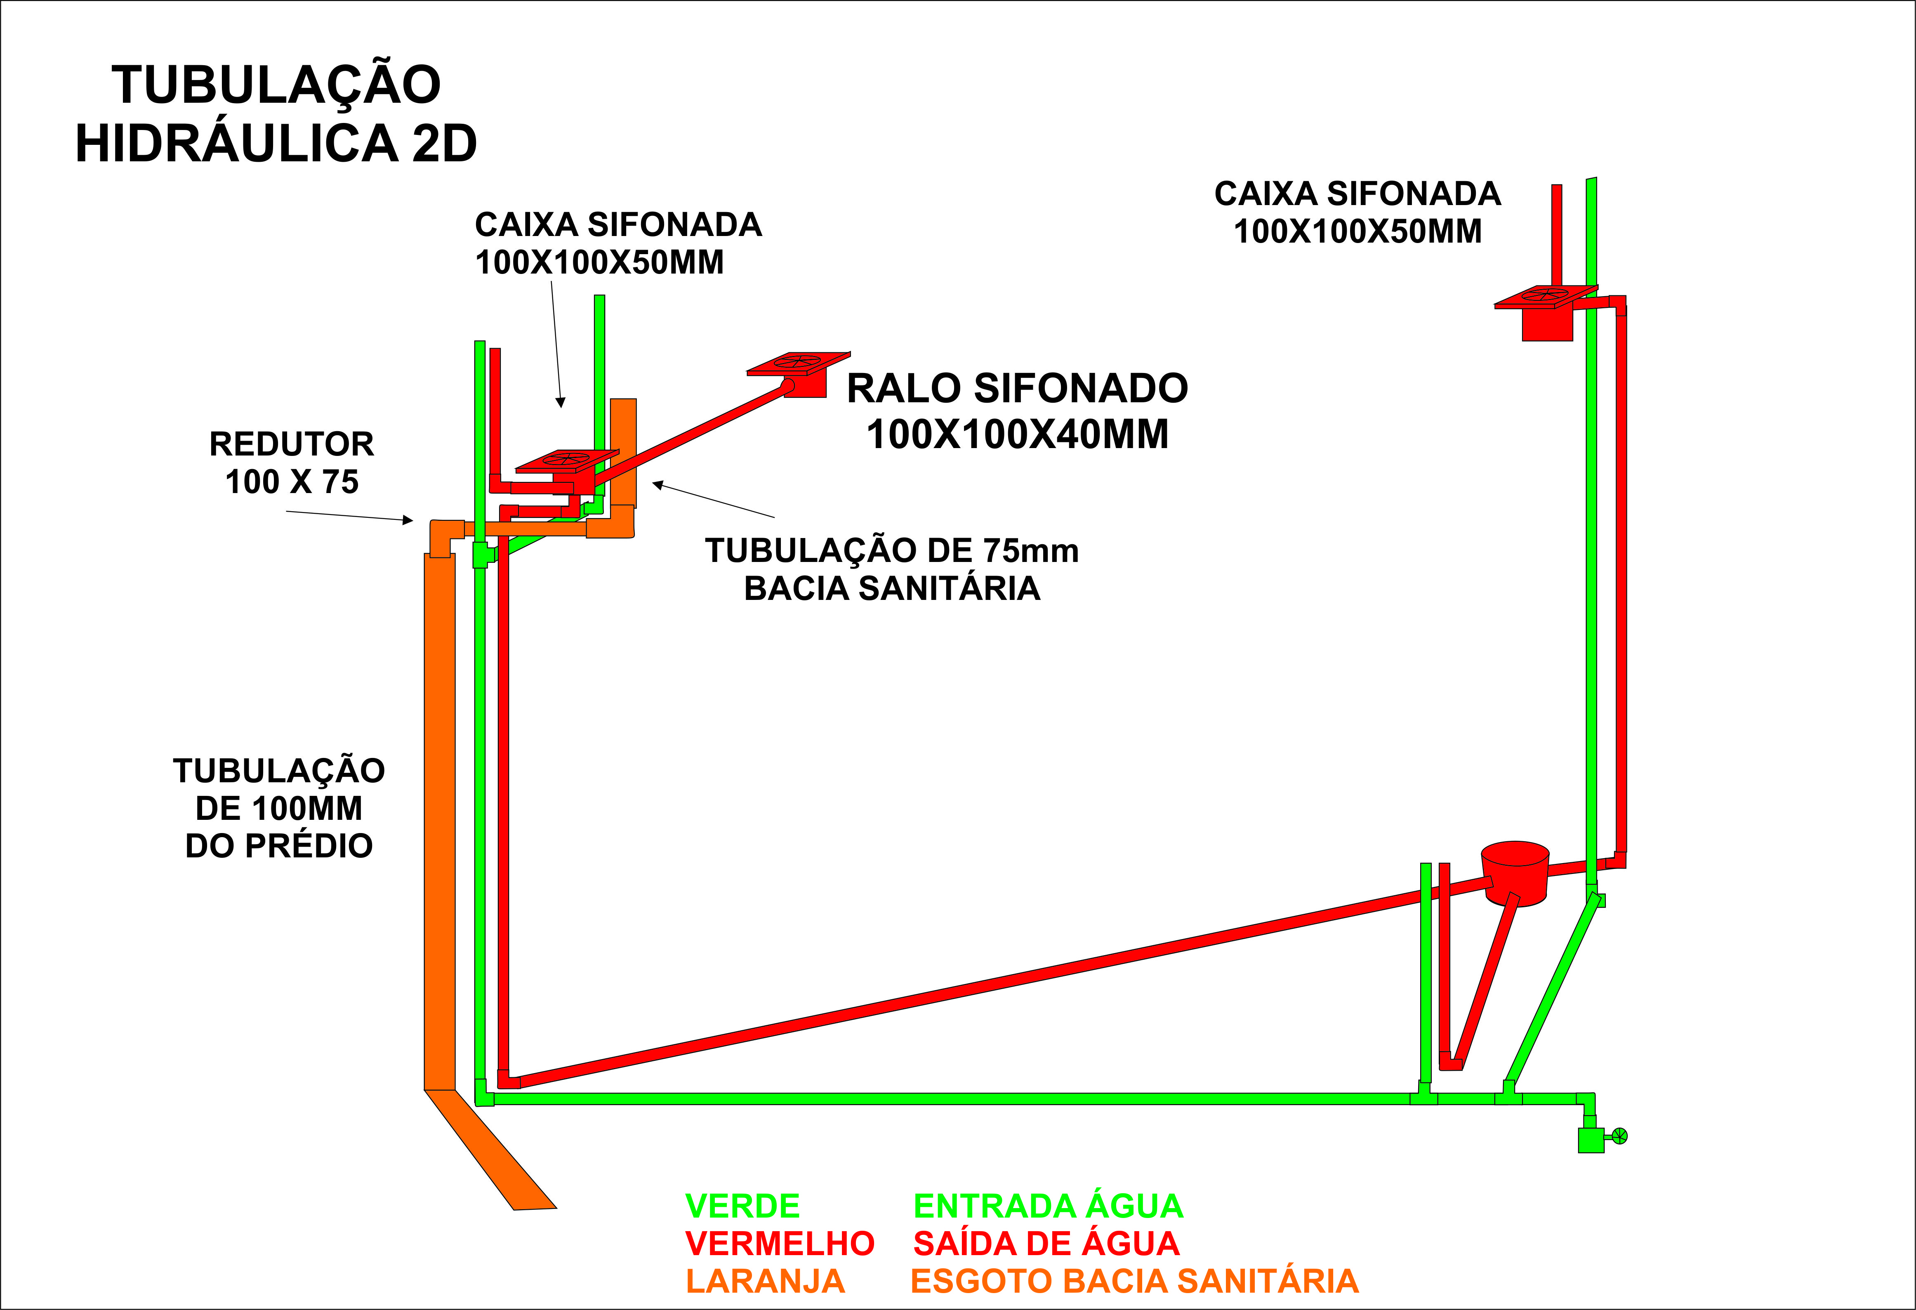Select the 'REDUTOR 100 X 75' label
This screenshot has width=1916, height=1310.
(292, 463)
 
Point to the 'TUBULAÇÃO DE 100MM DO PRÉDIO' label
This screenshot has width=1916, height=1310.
(279, 808)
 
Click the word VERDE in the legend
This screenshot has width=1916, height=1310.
(742, 1206)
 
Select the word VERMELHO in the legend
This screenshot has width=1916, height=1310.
(779, 1243)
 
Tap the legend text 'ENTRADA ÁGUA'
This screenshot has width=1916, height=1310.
(1048, 1206)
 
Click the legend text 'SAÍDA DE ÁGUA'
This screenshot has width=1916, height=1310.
(1046, 1243)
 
